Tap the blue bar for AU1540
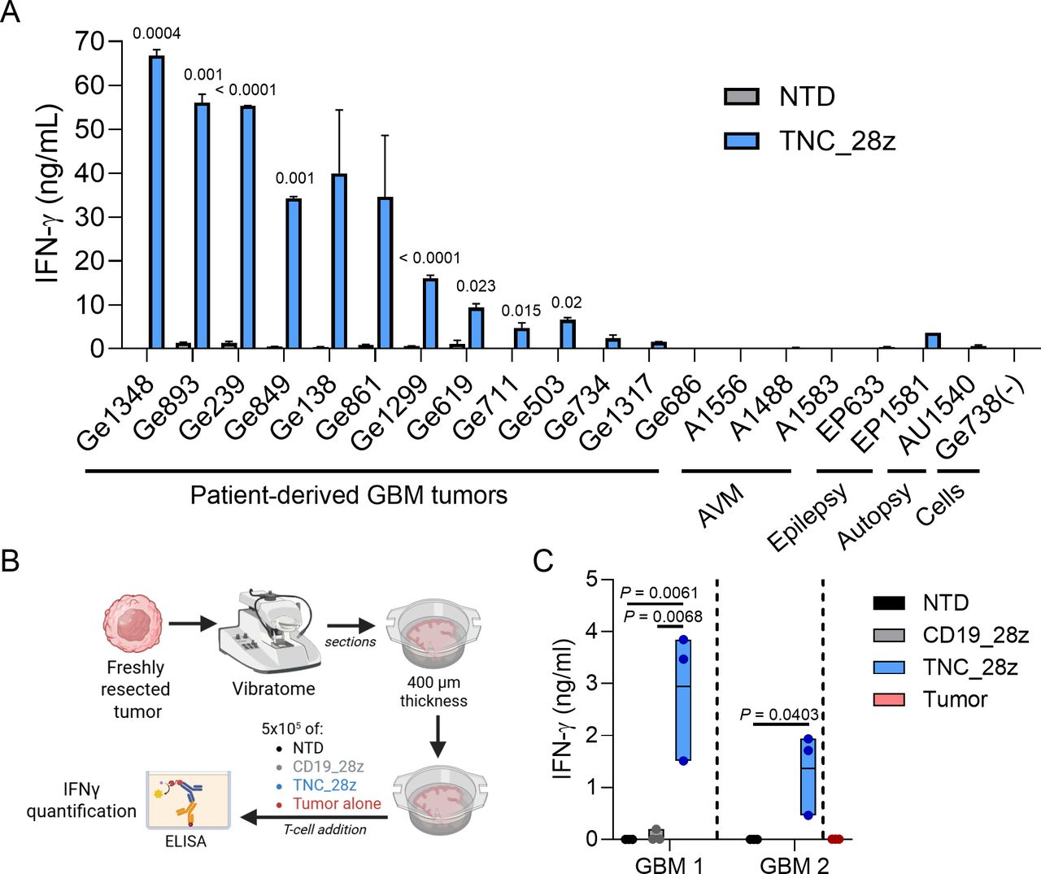click(933, 341)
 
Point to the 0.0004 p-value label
click(157, 33)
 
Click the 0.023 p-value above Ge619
click(476, 286)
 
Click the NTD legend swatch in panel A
click(741, 97)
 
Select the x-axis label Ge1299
click(391, 412)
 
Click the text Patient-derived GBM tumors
click(348, 495)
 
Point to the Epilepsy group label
click(808, 515)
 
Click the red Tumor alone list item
click(337, 804)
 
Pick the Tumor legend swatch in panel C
click(888, 699)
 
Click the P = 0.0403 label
click(779, 715)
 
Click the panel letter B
click(11, 561)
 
